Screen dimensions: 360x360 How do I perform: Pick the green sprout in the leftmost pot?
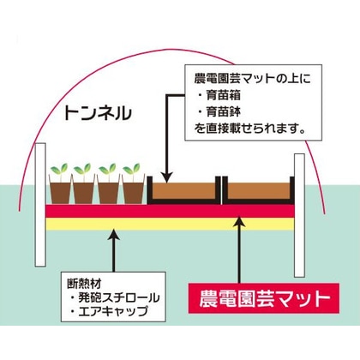tap(60, 169)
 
